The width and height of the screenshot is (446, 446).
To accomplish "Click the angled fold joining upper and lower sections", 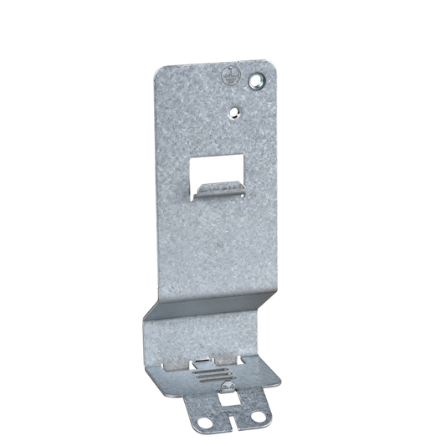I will (209, 305).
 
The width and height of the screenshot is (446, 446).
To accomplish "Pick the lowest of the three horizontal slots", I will (214, 378).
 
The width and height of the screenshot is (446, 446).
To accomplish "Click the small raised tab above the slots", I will (204, 360).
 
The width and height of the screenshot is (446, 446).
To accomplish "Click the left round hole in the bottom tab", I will (201, 422).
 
